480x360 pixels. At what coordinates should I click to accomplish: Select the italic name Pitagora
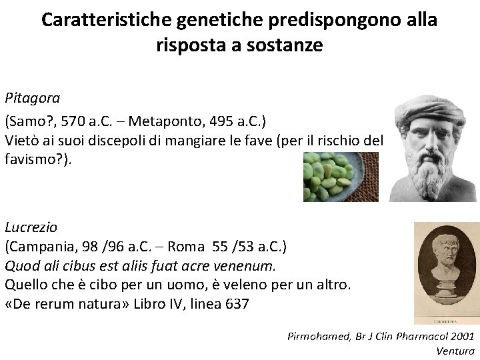33,99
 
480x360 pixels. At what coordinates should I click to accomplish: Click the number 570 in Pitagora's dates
68,121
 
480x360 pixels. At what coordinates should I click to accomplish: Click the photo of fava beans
341,177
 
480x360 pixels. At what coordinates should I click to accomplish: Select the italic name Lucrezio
31,227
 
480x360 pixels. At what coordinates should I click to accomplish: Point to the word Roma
187,247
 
